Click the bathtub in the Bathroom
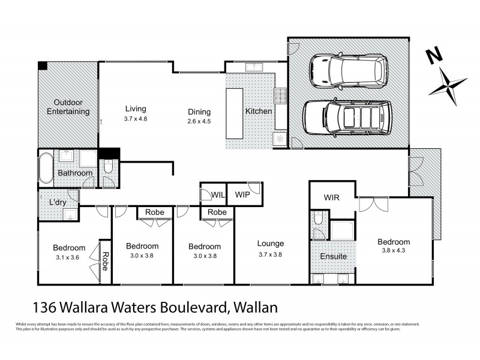(46, 166)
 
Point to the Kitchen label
(259, 112)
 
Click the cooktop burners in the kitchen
(280, 96)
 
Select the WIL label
(218, 195)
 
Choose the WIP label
(242, 195)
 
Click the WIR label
(332, 197)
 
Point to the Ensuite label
(333, 256)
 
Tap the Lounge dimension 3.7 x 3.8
(270, 254)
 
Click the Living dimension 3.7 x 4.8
(136, 119)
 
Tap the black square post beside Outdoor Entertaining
(43, 65)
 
